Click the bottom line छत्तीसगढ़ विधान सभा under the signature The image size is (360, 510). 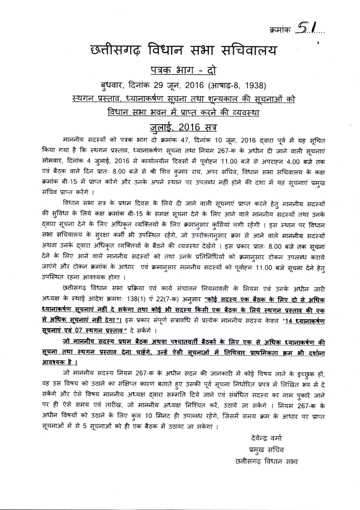(x=266, y=497)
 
